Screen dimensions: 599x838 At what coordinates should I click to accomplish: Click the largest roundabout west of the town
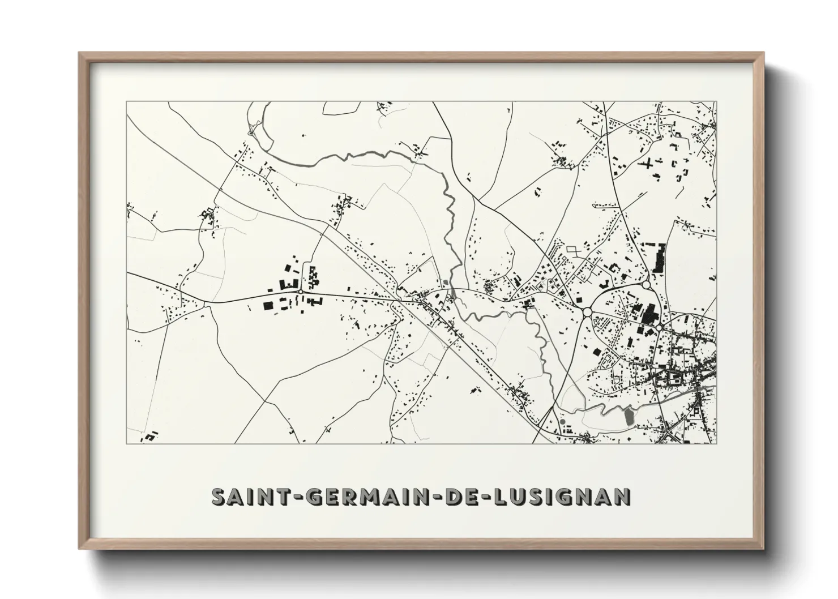[587, 311]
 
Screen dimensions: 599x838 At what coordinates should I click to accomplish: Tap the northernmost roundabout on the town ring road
[645, 284]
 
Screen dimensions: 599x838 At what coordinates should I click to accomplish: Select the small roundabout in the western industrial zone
[300, 292]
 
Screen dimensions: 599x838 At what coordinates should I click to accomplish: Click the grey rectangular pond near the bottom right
[628, 418]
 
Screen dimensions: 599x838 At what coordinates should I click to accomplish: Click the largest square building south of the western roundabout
[268, 306]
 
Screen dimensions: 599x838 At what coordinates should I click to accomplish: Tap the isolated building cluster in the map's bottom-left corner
[150, 437]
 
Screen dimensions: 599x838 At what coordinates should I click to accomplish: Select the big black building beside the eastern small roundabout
[648, 313]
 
